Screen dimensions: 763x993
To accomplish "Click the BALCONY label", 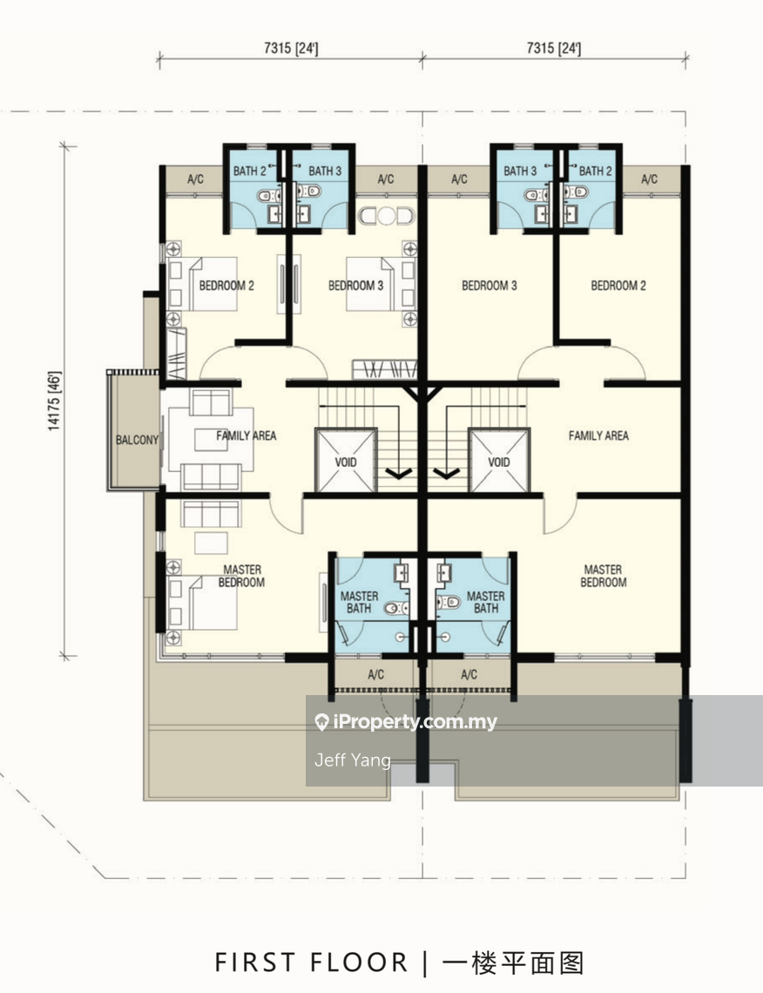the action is coord(137,440).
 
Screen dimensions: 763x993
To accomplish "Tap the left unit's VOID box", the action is coord(346,461).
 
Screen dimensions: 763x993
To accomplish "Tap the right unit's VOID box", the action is coord(498,461).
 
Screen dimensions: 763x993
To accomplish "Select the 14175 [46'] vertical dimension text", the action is coord(55,402).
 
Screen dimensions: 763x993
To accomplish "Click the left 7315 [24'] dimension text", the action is coord(291,48).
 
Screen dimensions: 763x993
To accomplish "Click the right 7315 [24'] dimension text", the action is coord(553,48).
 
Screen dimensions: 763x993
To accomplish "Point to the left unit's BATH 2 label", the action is coord(249,171).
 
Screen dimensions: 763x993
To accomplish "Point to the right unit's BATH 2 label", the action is coord(595,171).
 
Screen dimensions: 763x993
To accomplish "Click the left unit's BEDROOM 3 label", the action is coord(356,286).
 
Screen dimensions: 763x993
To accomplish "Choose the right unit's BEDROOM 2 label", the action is coord(618,286).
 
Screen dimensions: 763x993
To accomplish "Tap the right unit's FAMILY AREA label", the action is coord(598,436).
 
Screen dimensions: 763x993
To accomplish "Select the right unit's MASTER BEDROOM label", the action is coord(604,577).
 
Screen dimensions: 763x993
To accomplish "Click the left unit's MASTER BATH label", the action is coord(359,602).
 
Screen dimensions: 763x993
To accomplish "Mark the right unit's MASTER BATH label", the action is coord(486,602).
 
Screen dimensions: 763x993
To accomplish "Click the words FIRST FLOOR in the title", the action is coord(312,963).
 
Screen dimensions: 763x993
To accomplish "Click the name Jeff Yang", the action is coord(353,760).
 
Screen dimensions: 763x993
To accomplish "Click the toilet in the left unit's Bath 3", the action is coord(309,191).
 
